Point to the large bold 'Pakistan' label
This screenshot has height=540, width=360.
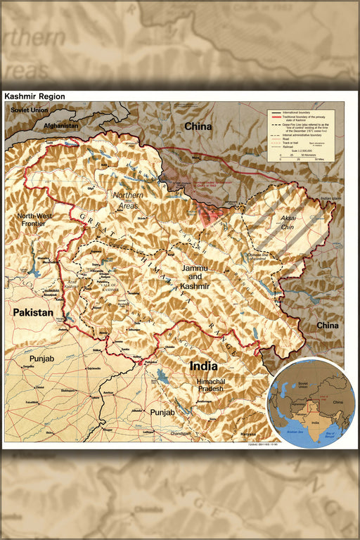[x=32, y=312]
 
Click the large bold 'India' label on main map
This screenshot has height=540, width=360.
[x=203, y=366]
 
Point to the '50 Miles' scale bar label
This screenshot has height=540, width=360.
[x=319, y=160]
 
